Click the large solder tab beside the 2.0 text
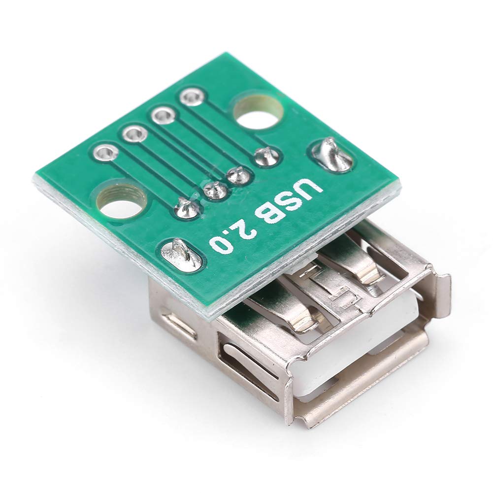[x=181, y=254]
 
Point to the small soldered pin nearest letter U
[x=267, y=156]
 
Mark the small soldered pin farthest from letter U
[x=187, y=208]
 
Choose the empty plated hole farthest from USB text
[x=105, y=152]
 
